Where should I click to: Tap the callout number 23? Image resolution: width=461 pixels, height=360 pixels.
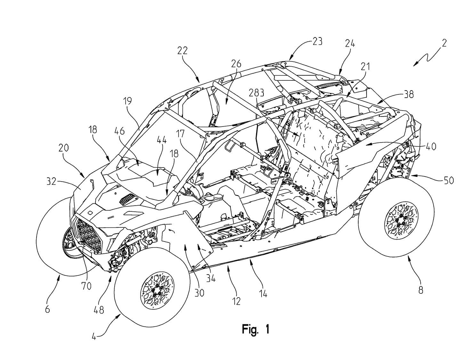click(317, 42)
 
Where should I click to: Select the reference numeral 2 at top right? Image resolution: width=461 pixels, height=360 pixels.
click(444, 43)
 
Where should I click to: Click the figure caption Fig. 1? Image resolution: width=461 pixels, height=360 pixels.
click(255, 330)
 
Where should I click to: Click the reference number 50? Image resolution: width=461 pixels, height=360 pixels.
click(449, 181)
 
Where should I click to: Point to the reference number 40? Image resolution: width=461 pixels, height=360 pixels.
click(431, 147)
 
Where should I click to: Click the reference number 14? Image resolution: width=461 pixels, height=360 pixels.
click(263, 293)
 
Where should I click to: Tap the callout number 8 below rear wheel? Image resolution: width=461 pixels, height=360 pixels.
click(420, 290)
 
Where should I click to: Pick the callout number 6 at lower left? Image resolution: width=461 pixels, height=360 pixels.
click(47, 309)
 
